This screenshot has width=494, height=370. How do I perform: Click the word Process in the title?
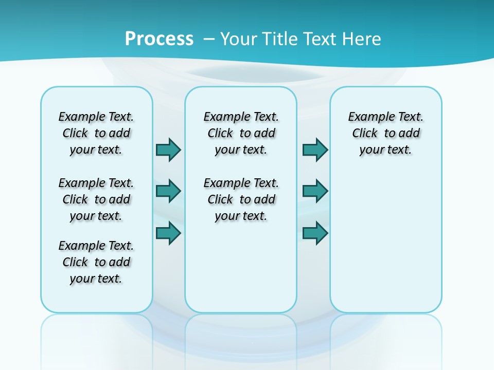(x=159, y=39)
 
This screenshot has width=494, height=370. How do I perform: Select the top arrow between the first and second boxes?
(x=168, y=150)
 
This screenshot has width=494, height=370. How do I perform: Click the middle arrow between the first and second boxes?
(x=168, y=191)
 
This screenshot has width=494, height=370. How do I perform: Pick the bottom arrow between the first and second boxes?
(x=168, y=233)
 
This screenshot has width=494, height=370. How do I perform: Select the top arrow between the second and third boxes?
(x=315, y=150)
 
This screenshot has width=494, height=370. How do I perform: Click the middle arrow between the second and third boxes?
(x=315, y=191)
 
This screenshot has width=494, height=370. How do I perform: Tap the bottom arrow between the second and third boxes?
(x=315, y=233)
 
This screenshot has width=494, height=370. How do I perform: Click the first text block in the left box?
(x=96, y=133)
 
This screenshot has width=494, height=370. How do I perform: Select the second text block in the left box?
(x=96, y=199)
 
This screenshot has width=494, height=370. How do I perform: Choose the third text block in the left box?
(x=96, y=262)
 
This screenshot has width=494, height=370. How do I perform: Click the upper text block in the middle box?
(x=241, y=133)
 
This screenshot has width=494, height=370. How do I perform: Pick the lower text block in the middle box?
(x=241, y=199)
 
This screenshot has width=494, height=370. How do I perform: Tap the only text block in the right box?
(x=385, y=133)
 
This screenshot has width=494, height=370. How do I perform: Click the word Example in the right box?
(x=366, y=117)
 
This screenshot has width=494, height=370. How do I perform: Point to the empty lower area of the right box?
(x=385, y=242)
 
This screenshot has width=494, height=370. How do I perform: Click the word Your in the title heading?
(x=239, y=39)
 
